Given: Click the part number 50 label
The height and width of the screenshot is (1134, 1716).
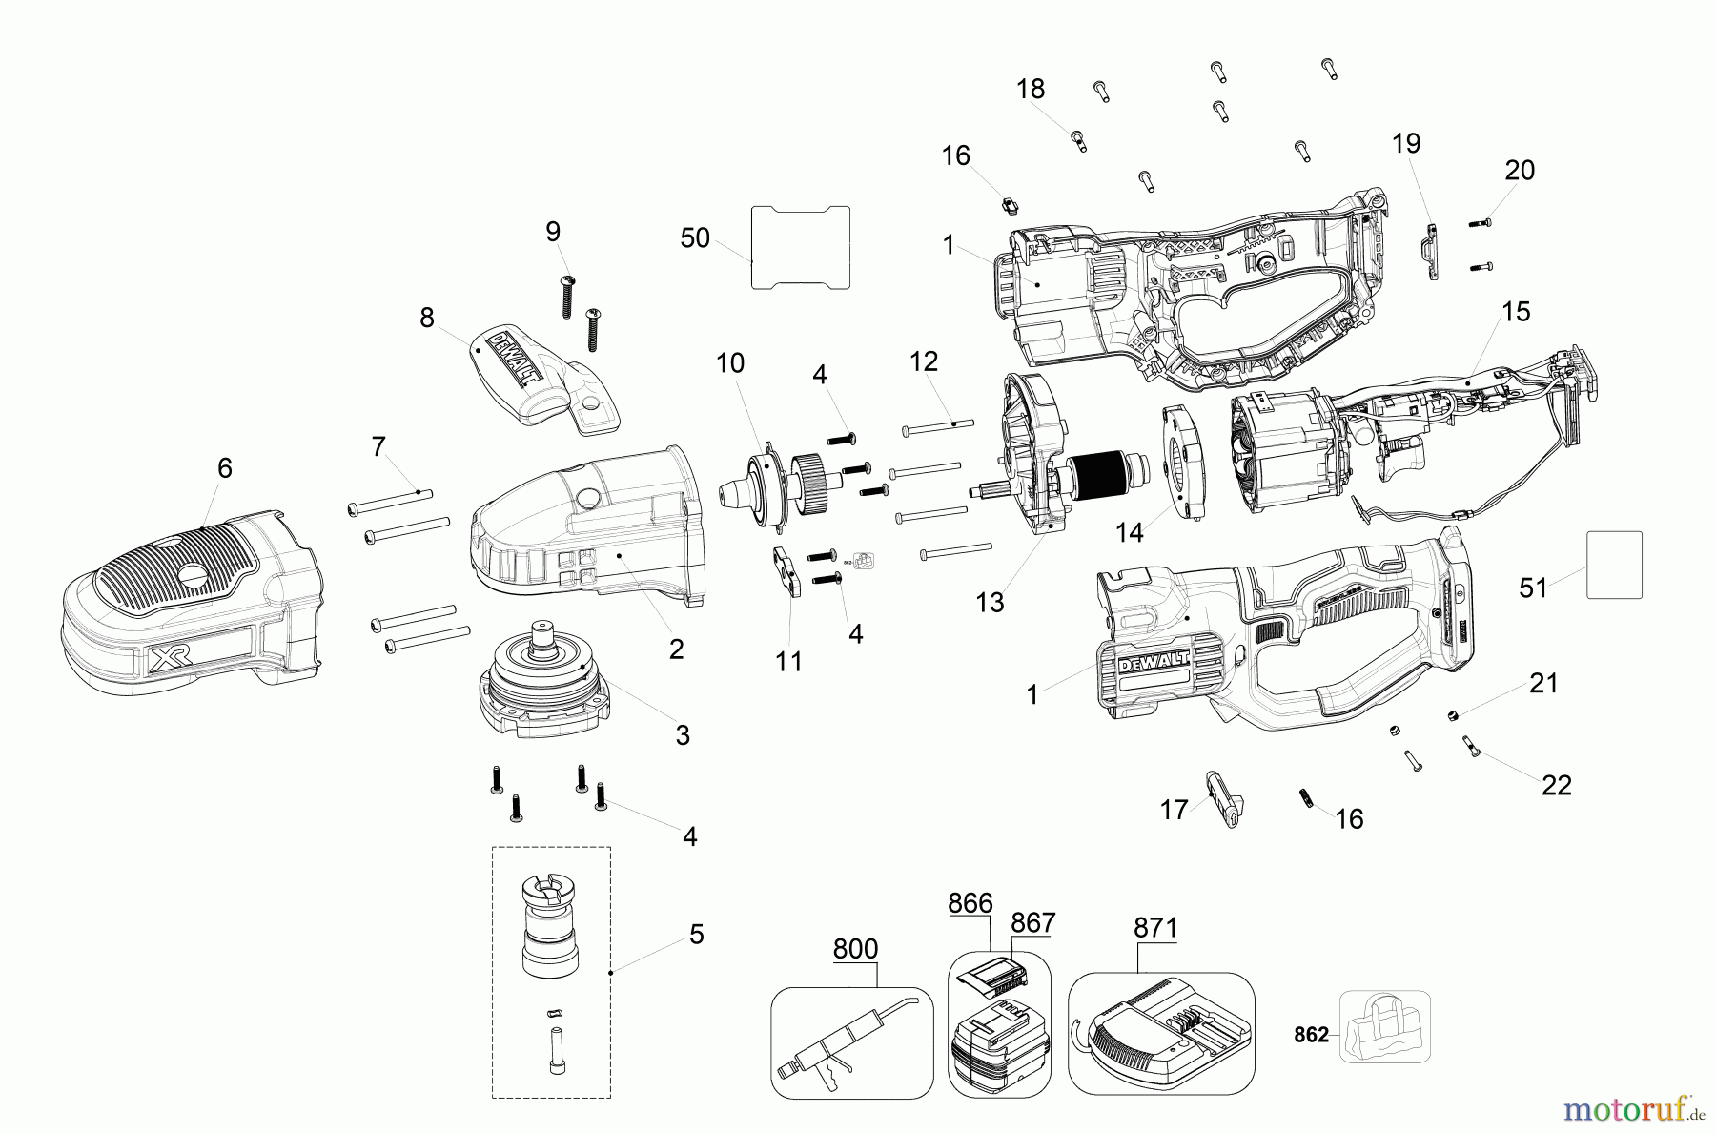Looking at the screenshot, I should click(695, 238).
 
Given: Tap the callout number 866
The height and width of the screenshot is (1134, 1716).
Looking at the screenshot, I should click(970, 903).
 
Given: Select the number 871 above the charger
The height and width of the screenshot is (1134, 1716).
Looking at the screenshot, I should click(1155, 928).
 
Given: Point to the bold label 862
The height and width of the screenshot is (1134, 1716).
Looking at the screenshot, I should click(1311, 1035).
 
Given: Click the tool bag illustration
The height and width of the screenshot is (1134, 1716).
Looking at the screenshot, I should click(1385, 1026).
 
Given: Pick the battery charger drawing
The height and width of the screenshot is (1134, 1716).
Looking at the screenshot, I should click(1160, 1034).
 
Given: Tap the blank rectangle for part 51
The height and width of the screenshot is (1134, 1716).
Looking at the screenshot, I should click(1614, 565).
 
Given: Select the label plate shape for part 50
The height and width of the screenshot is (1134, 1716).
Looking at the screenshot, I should click(800, 247).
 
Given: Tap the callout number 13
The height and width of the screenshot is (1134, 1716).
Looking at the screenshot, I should click(990, 603).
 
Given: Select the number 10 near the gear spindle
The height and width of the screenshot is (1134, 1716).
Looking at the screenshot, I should click(730, 362).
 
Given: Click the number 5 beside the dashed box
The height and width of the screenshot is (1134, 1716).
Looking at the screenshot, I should click(697, 935).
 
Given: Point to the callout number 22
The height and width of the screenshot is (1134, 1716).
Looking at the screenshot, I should click(1556, 785).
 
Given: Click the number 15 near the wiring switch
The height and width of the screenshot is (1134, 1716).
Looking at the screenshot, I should click(1515, 312).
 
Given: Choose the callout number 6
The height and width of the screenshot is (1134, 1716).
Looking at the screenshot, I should click(224, 467).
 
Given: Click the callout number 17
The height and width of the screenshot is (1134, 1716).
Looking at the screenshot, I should click(1174, 810).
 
